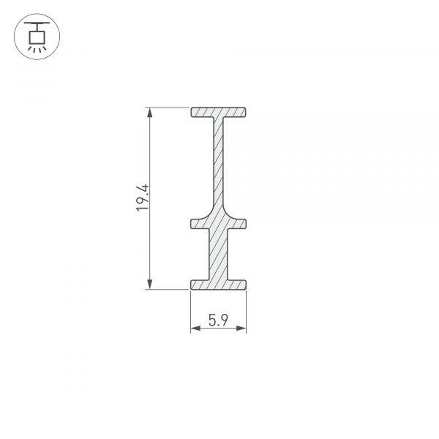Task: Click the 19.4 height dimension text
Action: (x=142, y=198)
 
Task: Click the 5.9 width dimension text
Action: (x=217, y=320)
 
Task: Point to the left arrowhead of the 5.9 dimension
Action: (x=195, y=330)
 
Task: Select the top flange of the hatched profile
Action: (x=218, y=113)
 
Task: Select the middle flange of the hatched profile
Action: (x=218, y=222)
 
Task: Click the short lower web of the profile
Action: (x=218, y=253)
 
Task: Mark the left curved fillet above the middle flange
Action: (x=209, y=213)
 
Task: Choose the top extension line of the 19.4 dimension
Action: (x=168, y=108)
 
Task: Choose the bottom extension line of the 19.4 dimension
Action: (x=168, y=289)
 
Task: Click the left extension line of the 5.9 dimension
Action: (x=190, y=311)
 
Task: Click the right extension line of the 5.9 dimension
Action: (x=246, y=311)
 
